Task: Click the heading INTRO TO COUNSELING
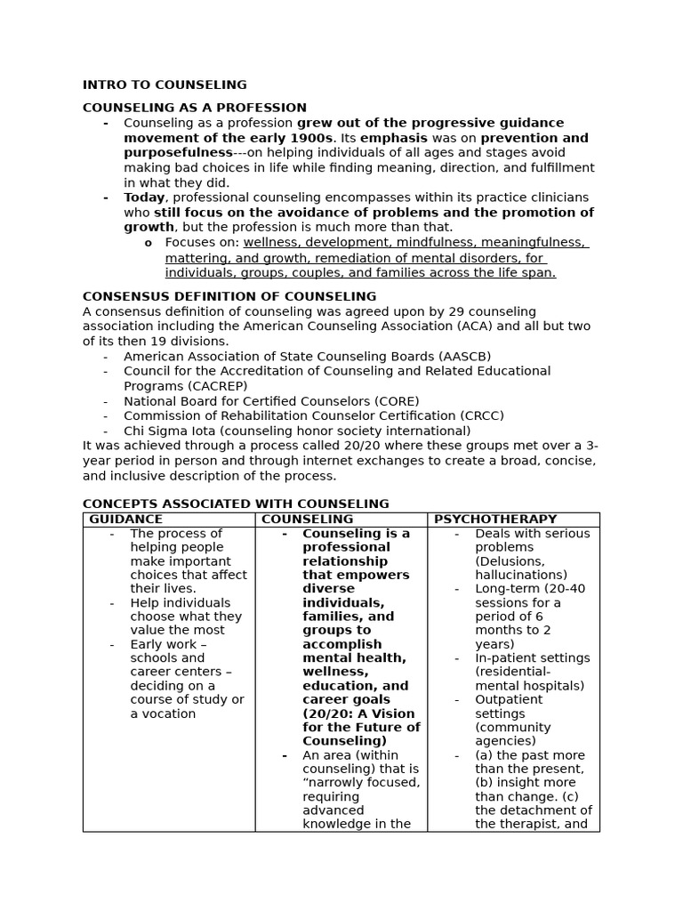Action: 165,85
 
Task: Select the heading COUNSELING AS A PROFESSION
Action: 194,108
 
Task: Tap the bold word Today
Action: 144,198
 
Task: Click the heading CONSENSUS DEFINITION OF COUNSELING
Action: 229,296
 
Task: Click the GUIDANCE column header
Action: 125,520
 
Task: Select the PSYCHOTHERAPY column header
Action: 495,520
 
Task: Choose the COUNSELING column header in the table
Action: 307,520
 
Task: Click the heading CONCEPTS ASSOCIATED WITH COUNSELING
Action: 236,504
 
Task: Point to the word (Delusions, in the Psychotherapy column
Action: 510,561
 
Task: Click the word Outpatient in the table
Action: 509,699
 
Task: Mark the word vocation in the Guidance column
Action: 169,713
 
